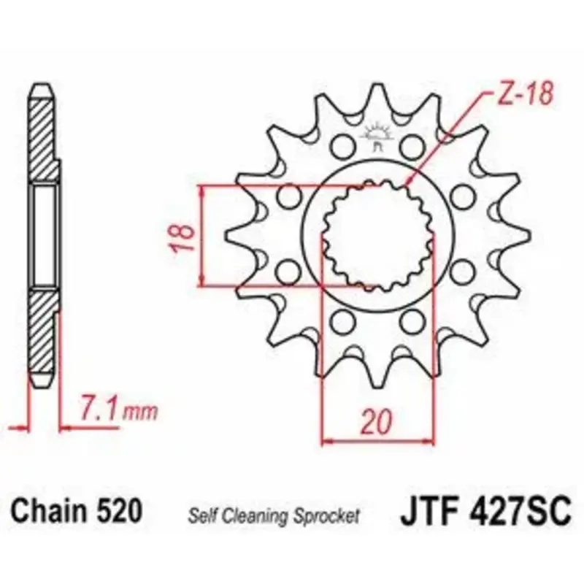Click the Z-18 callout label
pos(525,93)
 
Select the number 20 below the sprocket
pos(377,422)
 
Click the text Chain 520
pos(77,511)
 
